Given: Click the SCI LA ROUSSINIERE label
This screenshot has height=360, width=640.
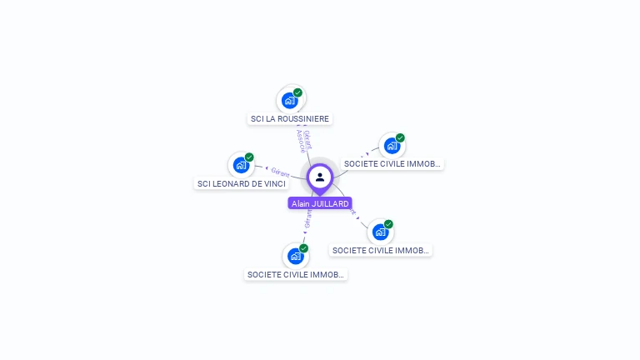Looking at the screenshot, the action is coord(291,119).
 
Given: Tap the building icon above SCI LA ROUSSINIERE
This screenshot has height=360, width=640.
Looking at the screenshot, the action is coord(289,101).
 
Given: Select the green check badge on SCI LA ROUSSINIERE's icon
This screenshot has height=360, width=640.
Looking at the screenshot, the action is coord(297,92).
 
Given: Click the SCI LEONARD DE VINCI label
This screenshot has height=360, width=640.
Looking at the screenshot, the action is coord(241,183).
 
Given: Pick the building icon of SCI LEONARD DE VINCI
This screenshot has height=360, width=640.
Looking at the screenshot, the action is coord(241,165).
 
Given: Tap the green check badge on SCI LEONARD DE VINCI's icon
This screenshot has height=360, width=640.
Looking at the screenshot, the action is coord(249,157).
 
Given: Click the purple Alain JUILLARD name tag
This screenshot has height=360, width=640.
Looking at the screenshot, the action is coord(320,203).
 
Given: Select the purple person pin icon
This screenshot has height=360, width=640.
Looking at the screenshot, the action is coord(320,177).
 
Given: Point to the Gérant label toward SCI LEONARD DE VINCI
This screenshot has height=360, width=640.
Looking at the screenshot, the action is coord(280,172).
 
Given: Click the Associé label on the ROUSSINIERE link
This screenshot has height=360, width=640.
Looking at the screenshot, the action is coord(301,141).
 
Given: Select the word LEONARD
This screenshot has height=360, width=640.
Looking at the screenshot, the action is coord(233,183).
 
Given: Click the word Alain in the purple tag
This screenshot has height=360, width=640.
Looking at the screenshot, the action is coord(301,203).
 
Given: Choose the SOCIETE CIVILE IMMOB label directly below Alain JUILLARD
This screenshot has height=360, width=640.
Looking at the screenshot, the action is coord(295,274).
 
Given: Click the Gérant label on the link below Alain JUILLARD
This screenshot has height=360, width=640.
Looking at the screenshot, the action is coord(307,218).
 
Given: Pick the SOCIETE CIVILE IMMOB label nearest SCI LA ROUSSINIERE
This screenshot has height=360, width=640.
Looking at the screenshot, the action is coord(392,164).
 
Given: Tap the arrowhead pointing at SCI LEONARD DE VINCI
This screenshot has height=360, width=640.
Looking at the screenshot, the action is coord(266,168).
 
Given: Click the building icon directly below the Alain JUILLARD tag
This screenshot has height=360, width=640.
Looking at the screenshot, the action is coord(295,256).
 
